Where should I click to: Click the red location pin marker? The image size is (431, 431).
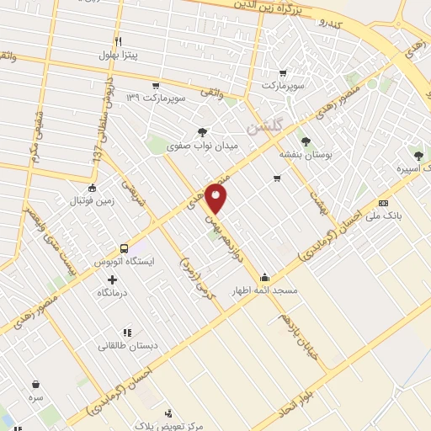pos(216,199)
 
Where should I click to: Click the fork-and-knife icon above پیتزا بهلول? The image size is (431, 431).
pos(119,41)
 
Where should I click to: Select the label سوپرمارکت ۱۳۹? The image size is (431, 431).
pos(155,98)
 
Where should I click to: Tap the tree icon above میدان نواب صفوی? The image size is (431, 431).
pos(201,131)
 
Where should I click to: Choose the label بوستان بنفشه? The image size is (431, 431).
pos(306,156)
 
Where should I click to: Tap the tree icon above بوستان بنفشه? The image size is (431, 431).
pos(305,141)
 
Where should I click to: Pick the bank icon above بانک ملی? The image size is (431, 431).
pos(384,203)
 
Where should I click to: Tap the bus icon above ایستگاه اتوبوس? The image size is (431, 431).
pos(125,248)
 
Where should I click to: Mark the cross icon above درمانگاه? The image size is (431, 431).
pos(112,279)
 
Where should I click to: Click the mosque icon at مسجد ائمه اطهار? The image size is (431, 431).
pos(265,277)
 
